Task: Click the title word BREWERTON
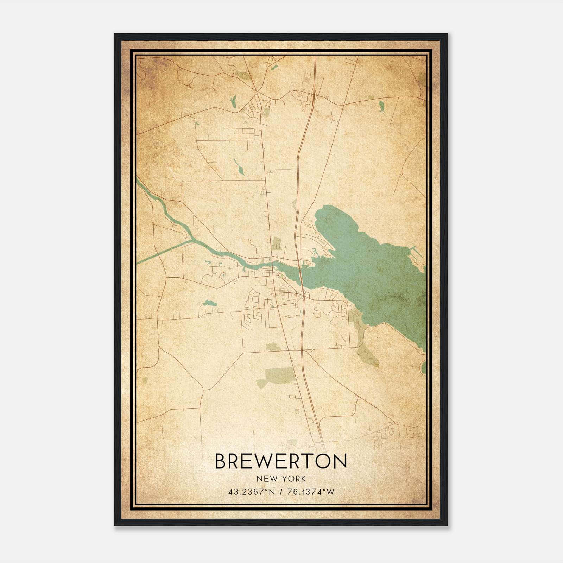coord(281,461)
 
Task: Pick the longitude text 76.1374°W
coord(310,492)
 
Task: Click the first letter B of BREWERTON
coord(221,461)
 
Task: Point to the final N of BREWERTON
coord(340,461)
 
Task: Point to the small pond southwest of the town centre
coord(208,303)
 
